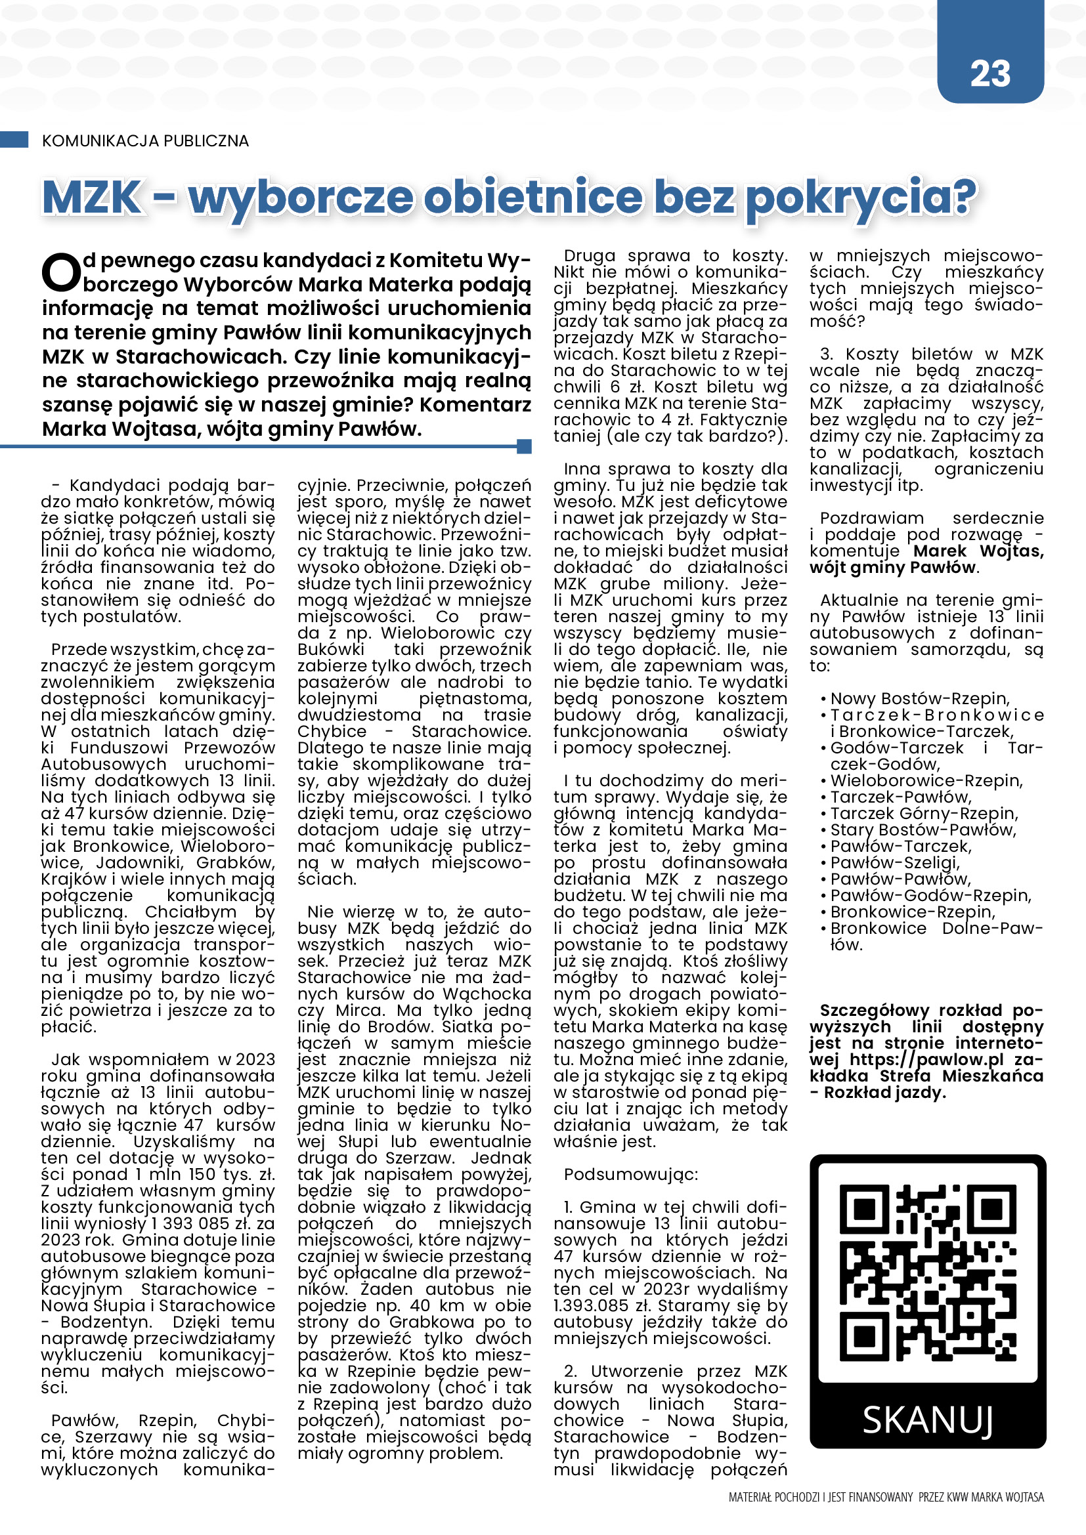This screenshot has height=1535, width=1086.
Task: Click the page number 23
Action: (x=989, y=74)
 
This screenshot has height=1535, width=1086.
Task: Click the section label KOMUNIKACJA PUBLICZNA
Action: (x=145, y=141)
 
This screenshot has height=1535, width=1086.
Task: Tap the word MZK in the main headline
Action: (x=93, y=198)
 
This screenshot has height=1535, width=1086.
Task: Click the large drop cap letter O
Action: (x=61, y=273)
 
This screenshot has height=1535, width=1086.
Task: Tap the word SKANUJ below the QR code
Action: (x=928, y=1420)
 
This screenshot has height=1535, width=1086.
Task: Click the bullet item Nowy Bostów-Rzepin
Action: (x=919, y=699)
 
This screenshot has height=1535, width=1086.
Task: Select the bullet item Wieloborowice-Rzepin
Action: (x=926, y=781)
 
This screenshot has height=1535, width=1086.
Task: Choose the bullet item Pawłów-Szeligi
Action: (x=895, y=862)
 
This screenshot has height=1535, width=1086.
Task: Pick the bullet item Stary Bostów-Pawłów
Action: (x=923, y=830)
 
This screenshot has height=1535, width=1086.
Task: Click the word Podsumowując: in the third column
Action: (x=630, y=1175)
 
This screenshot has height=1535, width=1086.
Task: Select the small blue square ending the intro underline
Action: (x=524, y=446)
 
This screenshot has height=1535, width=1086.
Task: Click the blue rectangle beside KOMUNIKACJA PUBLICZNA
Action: (x=14, y=140)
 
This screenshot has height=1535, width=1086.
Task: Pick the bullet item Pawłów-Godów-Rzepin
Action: (x=930, y=895)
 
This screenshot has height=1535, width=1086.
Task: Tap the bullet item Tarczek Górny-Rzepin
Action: (x=924, y=814)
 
